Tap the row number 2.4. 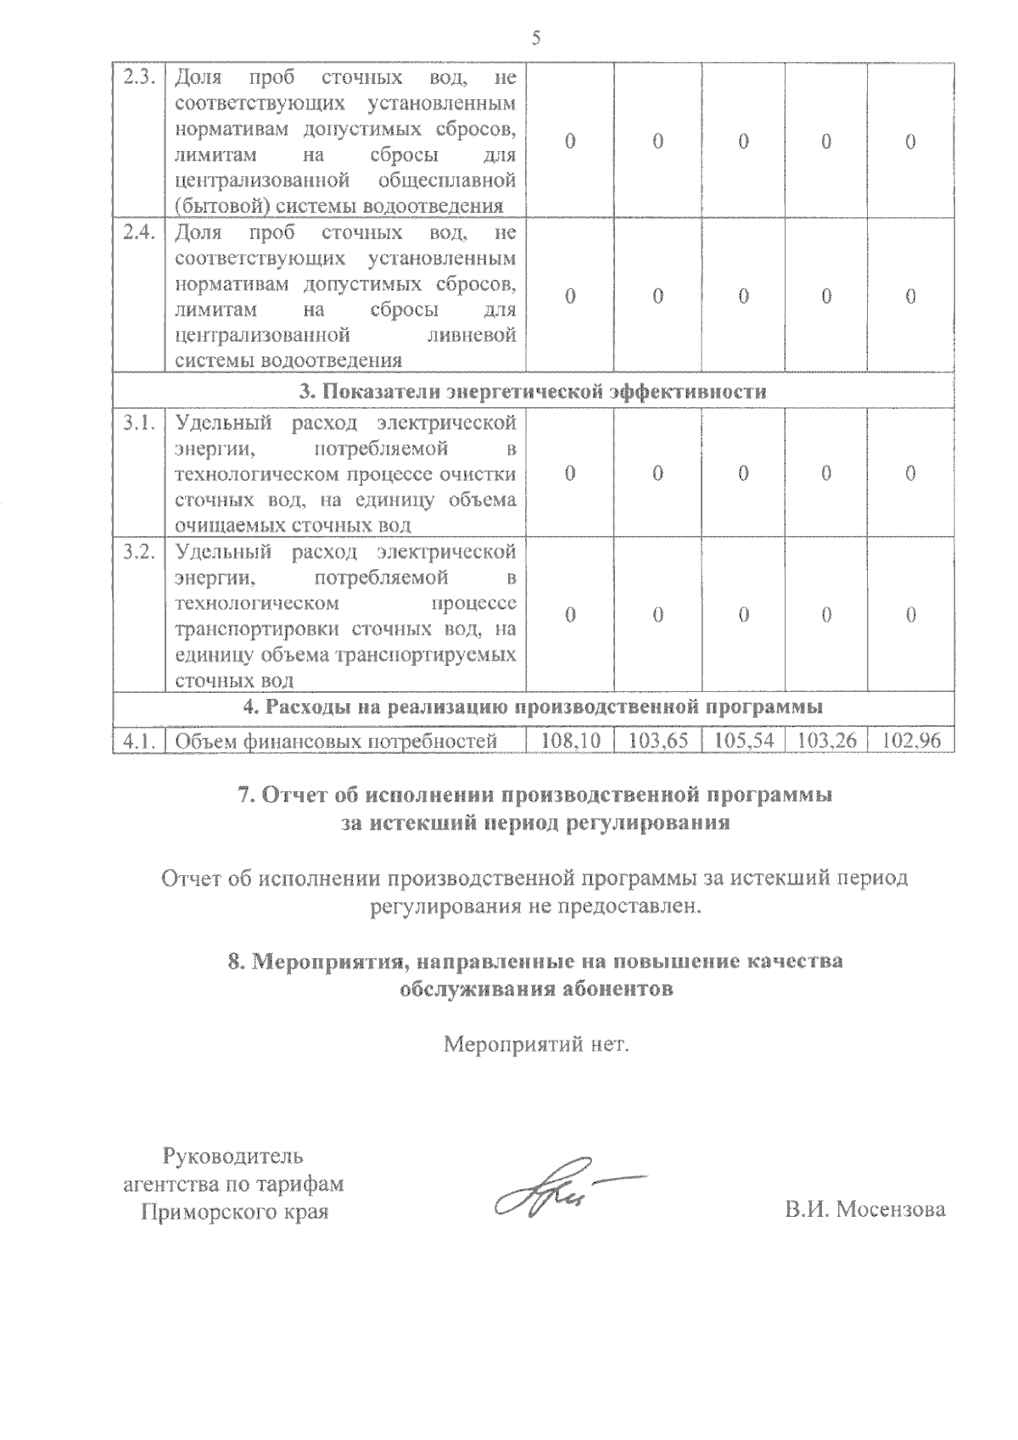(138, 233)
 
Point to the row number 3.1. (138, 422)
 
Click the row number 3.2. (138, 552)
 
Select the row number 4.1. (138, 741)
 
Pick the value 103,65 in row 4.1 (659, 740)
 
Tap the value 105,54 (744, 740)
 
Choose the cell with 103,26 (827, 740)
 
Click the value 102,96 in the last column (912, 740)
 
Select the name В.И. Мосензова (864, 1209)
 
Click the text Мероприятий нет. (537, 1043)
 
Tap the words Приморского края (234, 1212)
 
